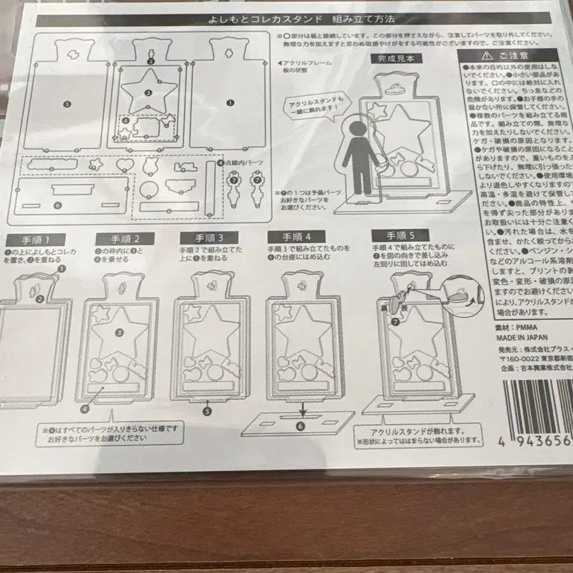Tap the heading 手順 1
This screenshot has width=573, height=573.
tap(36, 239)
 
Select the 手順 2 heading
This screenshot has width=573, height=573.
tap(124, 239)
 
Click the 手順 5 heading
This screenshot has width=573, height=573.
tap(393, 235)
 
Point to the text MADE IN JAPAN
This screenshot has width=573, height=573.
tap(518, 337)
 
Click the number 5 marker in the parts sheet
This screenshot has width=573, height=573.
tap(67, 102)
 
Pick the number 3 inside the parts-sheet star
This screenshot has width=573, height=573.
tap(148, 93)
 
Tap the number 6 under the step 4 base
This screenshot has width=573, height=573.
tap(301, 428)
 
